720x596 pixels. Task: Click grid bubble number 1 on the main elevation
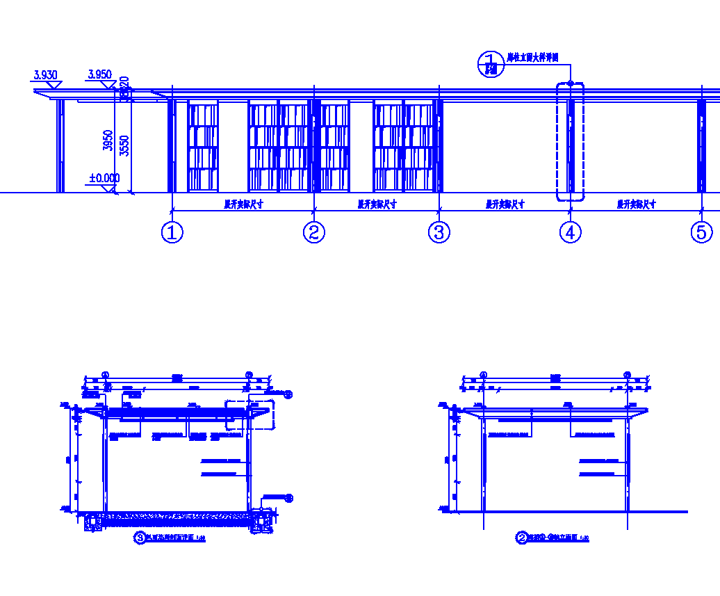tap(172, 232)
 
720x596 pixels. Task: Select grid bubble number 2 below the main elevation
tap(314, 232)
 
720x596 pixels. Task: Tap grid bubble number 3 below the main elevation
tap(439, 232)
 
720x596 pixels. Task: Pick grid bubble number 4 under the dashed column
tap(571, 232)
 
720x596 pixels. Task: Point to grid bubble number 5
tap(702, 232)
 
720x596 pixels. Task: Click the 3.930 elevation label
tap(45, 74)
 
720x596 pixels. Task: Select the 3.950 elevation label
tap(99, 74)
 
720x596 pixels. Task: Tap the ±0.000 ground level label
tap(104, 178)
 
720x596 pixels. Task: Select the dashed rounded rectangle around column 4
tap(571, 141)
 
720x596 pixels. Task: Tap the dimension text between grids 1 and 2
tap(243, 204)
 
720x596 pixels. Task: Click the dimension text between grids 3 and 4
tap(505, 204)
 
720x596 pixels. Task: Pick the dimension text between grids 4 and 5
tap(637, 204)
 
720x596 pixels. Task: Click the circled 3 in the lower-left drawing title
tap(139, 538)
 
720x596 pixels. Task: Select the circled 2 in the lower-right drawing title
tap(521, 538)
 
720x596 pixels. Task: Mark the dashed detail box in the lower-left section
tap(250, 414)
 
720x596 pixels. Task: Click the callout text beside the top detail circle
tap(533, 58)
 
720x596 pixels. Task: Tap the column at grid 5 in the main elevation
tap(701, 146)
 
